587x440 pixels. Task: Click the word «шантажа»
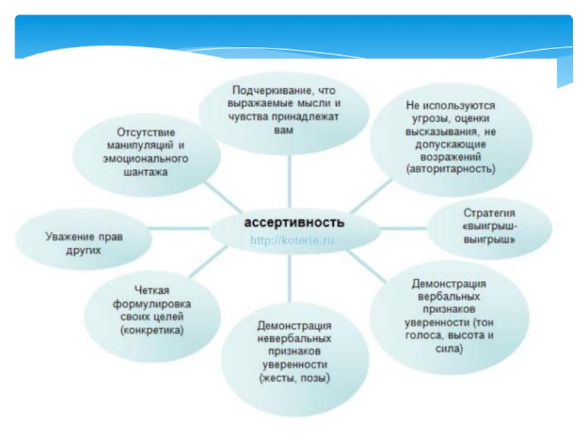pos(147,172)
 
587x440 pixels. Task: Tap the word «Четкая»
pos(150,290)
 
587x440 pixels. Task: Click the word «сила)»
pos(448,349)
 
